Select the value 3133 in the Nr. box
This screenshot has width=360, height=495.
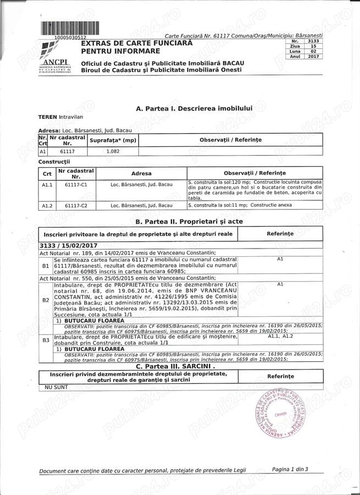(x=313, y=41)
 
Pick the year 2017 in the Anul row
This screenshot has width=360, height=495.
(x=313, y=56)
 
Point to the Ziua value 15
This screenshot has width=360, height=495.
(x=313, y=46)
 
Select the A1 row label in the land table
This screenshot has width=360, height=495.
(x=43, y=151)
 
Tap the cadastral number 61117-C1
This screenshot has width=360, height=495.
(x=76, y=185)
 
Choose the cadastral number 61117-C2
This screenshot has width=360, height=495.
(x=76, y=205)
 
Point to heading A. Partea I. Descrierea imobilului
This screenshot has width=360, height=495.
(x=194, y=108)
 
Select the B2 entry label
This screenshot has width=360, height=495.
(x=46, y=301)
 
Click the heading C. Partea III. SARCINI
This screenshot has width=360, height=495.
(x=175, y=366)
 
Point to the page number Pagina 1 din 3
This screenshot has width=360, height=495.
(x=290, y=469)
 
